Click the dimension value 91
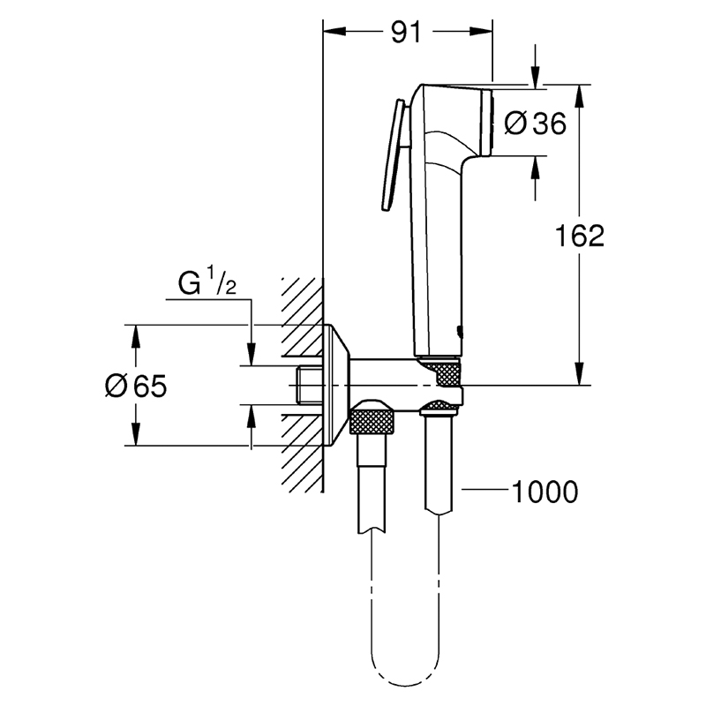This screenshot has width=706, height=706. coord(406,33)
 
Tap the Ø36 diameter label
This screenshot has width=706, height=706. coord(535,124)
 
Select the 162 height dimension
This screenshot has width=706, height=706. coord(580,235)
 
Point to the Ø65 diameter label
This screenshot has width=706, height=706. coord(136,386)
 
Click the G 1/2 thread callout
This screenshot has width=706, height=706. coord(207,282)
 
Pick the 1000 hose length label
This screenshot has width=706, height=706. coord(545,492)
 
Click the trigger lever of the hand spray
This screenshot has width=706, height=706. coord(392,155)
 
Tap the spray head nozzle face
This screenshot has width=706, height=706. coord(487,123)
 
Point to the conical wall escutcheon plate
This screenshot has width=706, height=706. coord(336,386)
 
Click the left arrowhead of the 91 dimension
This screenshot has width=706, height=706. coord(334,31)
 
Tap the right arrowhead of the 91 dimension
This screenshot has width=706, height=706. coord(481,31)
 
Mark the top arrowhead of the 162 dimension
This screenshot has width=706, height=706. coord(580,95)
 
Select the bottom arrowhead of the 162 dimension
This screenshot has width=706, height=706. coord(580,373)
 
